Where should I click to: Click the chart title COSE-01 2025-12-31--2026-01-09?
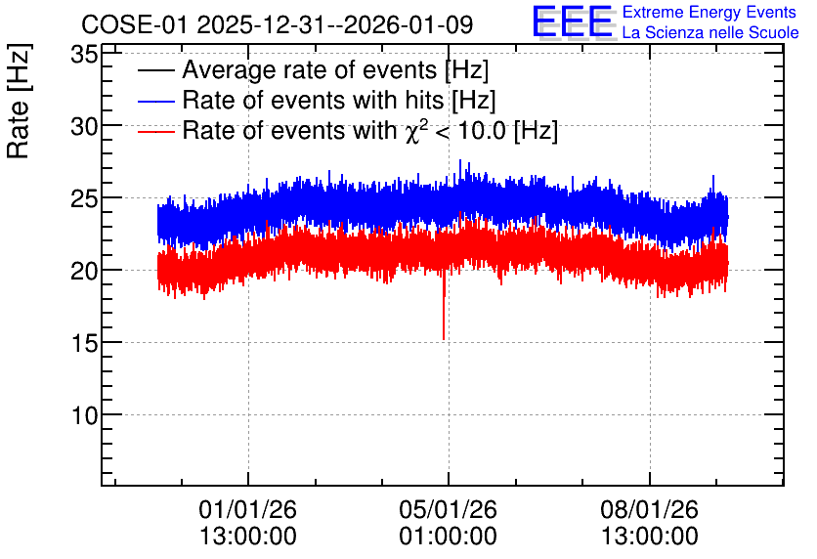click(278, 24)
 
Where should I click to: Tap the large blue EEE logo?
click(573, 21)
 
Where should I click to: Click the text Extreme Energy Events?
click(709, 12)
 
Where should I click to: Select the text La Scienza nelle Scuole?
click(710, 32)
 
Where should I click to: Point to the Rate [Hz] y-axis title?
click(19, 101)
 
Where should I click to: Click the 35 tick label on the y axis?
click(84, 54)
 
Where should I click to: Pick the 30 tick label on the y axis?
click(84, 126)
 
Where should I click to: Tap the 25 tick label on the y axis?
click(84, 198)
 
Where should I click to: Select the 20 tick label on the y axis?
click(84, 271)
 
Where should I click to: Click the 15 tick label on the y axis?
click(84, 343)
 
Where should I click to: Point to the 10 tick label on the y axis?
click(84, 415)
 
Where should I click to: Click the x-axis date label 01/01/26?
click(247, 509)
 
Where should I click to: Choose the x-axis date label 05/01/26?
click(449, 509)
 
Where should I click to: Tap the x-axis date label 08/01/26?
click(649, 509)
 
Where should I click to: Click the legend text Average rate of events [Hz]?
click(335, 70)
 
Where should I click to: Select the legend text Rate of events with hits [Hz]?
click(339, 100)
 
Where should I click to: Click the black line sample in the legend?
click(155, 70)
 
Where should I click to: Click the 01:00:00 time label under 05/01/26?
click(449, 536)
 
